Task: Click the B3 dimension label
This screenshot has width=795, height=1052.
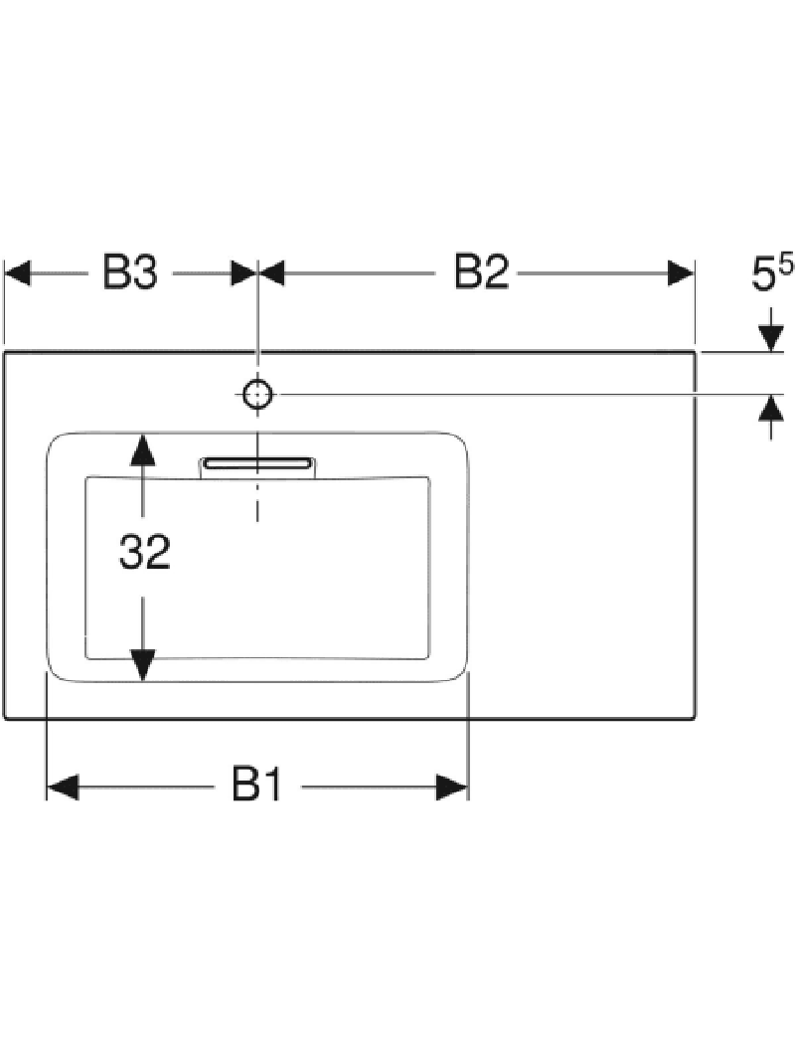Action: click(129, 272)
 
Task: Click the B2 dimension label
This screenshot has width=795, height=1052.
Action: click(481, 272)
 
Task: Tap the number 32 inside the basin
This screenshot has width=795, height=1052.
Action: click(145, 553)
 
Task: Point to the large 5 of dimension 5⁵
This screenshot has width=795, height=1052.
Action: click(763, 275)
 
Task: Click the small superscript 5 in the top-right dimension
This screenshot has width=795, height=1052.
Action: click(786, 263)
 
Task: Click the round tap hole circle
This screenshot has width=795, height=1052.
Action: click(258, 395)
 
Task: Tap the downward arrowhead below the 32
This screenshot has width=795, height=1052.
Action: click(145, 663)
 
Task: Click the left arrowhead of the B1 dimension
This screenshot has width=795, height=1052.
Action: click(62, 788)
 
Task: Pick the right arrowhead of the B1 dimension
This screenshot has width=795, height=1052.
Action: click(452, 788)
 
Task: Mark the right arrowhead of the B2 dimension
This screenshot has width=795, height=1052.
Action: click(680, 272)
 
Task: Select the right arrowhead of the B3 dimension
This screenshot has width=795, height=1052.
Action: click(243, 272)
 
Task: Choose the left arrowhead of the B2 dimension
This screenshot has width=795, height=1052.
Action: click(273, 272)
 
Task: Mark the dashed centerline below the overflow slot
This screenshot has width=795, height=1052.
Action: click(258, 502)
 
